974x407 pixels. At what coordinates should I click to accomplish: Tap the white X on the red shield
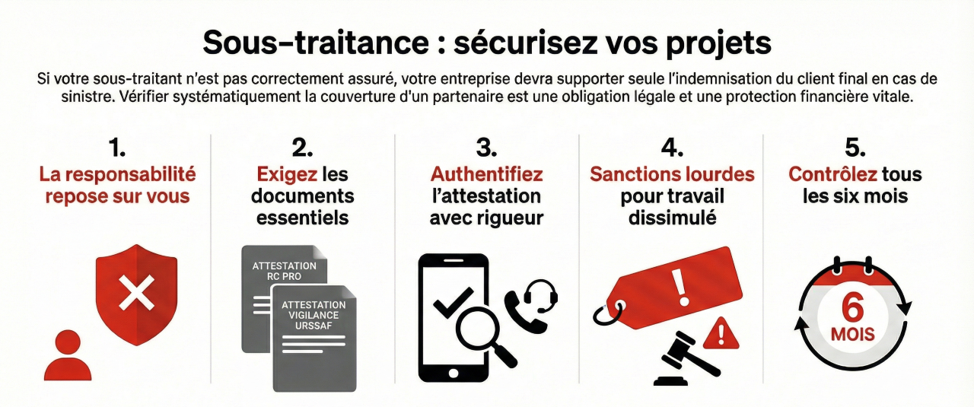click(x=137, y=293)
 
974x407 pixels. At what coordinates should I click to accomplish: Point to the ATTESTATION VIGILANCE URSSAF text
click(x=314, y=316)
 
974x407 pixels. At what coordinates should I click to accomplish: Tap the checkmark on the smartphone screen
click(x=450, y=306)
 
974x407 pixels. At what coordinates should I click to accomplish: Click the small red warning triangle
click(x=721, y=332)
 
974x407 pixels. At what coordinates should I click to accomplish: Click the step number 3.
click(x=486, y=147)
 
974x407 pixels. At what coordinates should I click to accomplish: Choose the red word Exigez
click(x=287, y=174)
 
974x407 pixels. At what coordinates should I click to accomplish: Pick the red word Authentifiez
click(x=486, y=174)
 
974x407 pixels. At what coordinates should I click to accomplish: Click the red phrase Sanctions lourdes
click(x=672, y=174)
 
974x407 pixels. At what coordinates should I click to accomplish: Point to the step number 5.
click(x=855, y=147)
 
